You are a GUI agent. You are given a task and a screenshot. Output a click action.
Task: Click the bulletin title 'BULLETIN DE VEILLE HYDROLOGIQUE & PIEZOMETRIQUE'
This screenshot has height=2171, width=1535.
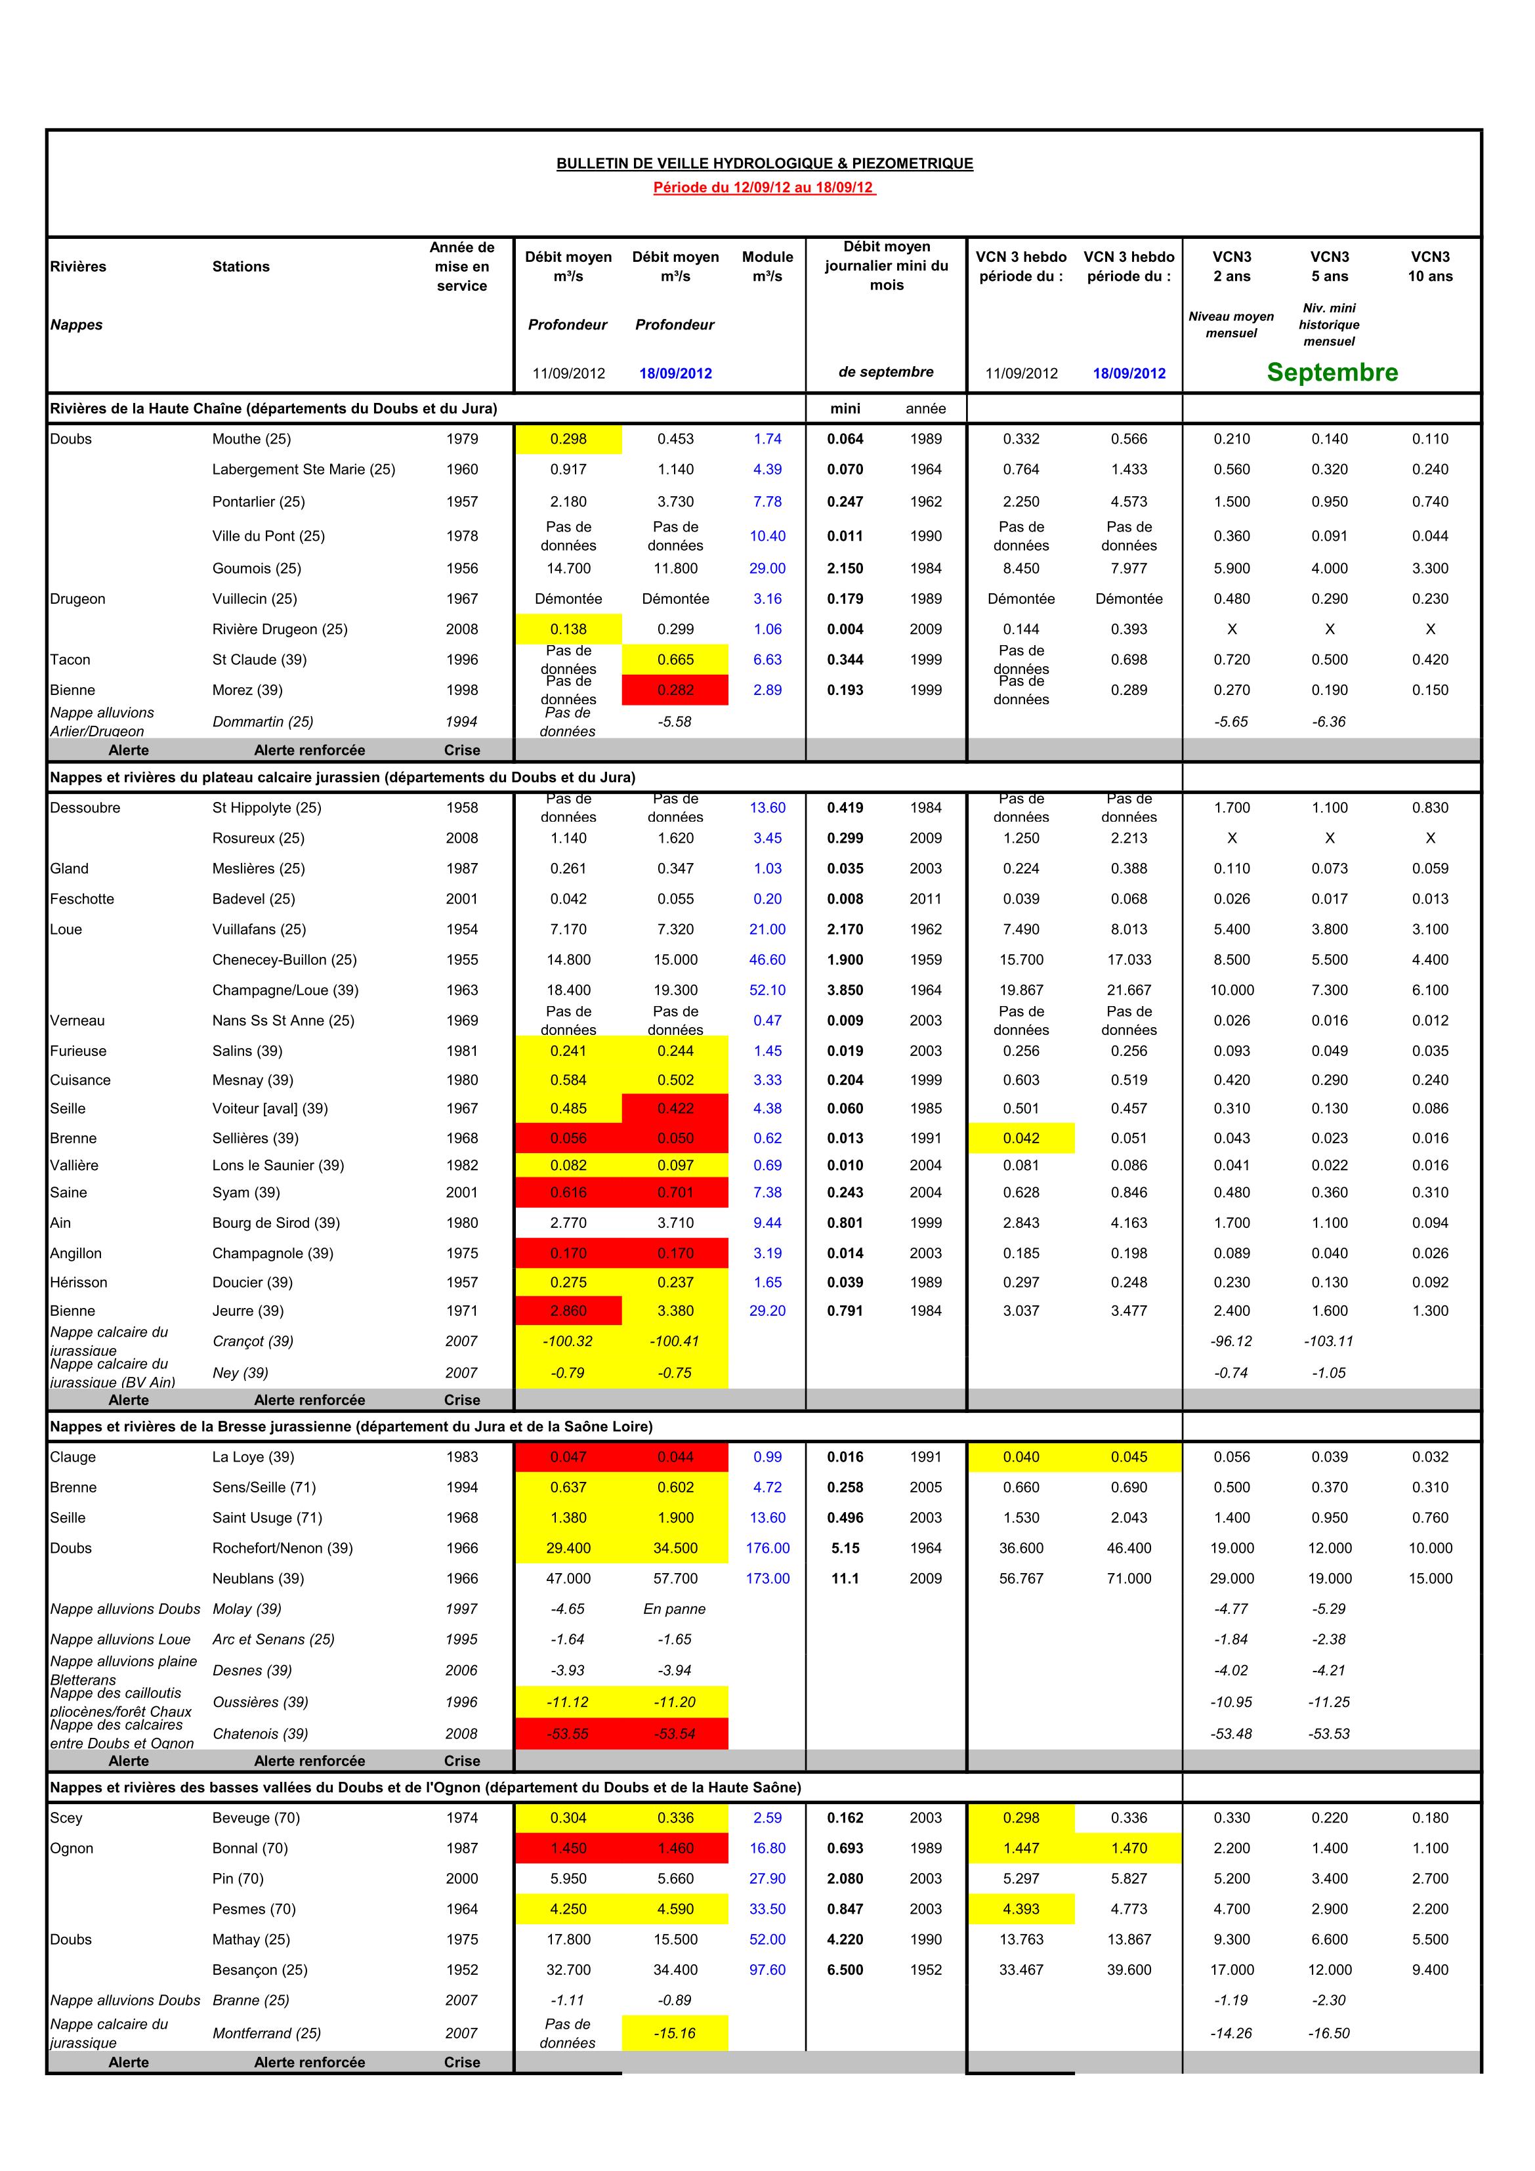pyautogui.click(x=764, y=163)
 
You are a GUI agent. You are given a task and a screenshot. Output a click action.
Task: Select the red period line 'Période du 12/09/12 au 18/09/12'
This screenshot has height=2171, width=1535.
pyautogui.click(x=763, y=187)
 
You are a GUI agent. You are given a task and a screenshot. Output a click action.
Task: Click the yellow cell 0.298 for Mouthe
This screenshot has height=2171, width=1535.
pyautogui.click(x=568, y=439)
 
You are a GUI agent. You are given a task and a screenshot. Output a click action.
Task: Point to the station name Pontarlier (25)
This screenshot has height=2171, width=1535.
pyautogui.click(x=257, y=501)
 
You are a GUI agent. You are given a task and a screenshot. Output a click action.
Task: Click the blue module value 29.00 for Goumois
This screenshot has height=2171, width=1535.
pyautogui.click(x=767, y=568)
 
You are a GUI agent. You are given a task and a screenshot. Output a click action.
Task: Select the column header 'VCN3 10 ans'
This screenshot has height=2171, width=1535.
pyautogui.click(x=1430, y=266)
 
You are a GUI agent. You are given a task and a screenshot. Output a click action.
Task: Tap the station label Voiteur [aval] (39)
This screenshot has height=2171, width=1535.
pyautogui.click(x=270, y=1108)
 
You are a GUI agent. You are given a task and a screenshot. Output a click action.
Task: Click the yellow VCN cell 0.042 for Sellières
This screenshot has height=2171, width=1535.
pyautogui.click(x=1020, y=1139)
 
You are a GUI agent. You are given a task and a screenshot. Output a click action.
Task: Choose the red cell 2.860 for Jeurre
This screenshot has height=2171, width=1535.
pyautogui.click(x=568, y=1311)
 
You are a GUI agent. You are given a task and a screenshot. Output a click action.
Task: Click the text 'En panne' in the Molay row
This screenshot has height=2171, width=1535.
pyautogui.click(x=675, y=1609)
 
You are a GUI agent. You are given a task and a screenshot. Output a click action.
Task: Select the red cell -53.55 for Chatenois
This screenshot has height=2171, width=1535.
pyautogui.click(x=568, y=1733)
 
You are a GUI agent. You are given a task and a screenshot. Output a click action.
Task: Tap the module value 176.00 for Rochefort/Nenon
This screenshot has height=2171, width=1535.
pyautogui.click(x=767, y=1548)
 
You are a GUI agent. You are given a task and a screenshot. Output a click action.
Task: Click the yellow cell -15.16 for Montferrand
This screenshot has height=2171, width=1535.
pyautogui.click(x=675, y=2033)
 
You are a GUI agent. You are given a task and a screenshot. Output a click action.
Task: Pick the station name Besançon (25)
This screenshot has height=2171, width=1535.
pyautogui.click(x=259, y=1970)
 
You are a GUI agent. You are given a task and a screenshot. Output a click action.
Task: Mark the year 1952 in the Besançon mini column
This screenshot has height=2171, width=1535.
pyautogui.click(x=925, y=1970)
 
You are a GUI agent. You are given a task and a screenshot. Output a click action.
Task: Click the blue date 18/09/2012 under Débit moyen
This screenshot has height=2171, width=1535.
pyautogui.click(x=675, y=373)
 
